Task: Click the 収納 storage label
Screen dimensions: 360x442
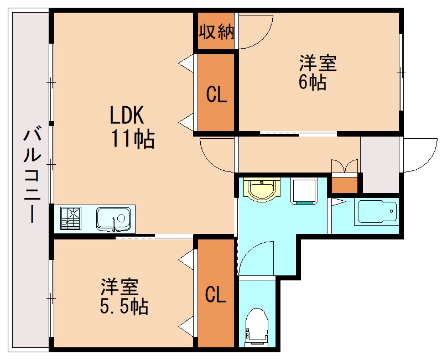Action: pyautogui.click(x=217, y=32)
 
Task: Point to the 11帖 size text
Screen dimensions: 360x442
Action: pyautogui.click(x=132, y=139)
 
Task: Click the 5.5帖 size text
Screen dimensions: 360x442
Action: pyautogui.click(x=124, y=306)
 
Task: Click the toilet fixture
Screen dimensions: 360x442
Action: pyautogui.click(x=256, y=327)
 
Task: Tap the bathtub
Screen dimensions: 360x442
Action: pyautogui.click(x=377, y=212)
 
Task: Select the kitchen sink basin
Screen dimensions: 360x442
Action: pyautogui.click(x=115, y=218)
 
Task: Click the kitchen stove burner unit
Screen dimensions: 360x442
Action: pyautogui.click(x=71, y=218)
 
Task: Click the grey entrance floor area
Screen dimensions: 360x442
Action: pyautogui.click(x=379, y=164)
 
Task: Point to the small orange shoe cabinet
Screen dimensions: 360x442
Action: pyautogui.click(x=344, y=184)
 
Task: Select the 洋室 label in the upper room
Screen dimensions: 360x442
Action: pyautogui.click(x=318, y=62)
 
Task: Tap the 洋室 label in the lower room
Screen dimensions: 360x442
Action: pyautogui.click(x=119, y=287)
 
